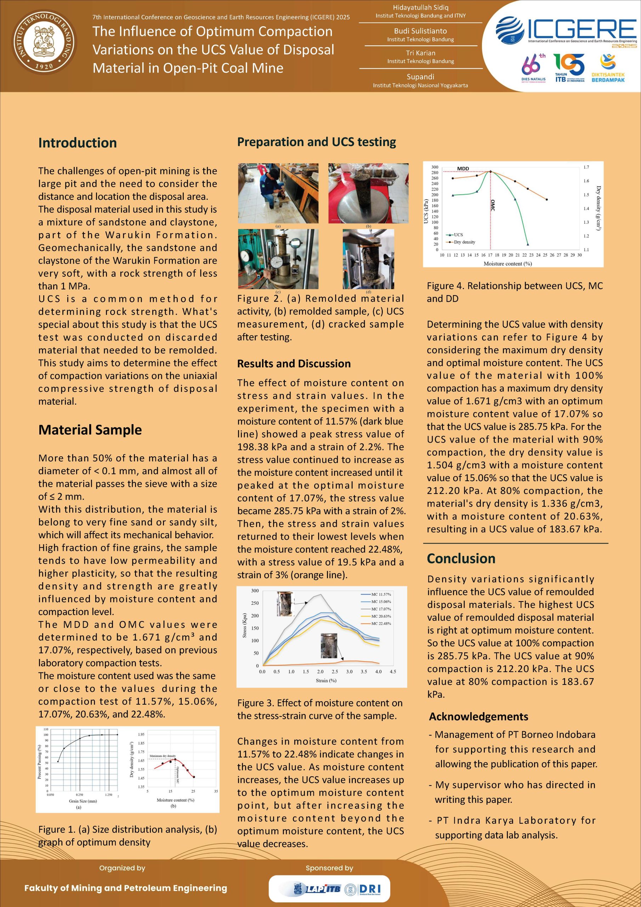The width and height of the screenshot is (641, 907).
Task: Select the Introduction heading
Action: click(x=78, y=143)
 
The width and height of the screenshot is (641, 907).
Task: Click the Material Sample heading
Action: click(x=90, y=430)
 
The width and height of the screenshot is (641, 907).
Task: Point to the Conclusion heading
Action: click(x=461, y=559)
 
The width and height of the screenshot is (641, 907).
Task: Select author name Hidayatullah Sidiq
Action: click(x=420, y=7)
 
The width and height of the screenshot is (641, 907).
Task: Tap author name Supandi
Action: click(x=420, y=77)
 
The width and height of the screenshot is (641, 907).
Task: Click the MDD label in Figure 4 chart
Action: click(x=463, y=169)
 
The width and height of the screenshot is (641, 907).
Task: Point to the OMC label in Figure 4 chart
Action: click(x=493, y=205)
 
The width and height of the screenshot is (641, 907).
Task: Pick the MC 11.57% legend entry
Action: click(x=381, y=594)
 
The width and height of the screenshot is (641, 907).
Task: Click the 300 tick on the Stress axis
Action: click(x=255, y=591)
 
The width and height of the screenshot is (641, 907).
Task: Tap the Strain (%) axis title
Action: click(x=326, y=680)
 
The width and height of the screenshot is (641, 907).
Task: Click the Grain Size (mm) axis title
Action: click(x=83, y=801)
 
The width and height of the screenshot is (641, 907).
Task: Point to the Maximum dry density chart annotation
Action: click(x=162, y=756)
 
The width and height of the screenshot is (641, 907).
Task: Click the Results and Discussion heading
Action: click(x=294, y=364)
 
